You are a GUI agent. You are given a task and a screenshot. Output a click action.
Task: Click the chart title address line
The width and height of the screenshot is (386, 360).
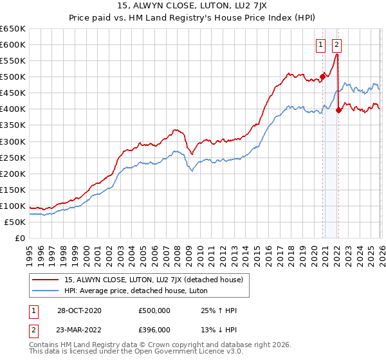point(193,6)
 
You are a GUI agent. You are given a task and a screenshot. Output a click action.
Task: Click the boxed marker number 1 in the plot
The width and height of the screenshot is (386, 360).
point(320,44)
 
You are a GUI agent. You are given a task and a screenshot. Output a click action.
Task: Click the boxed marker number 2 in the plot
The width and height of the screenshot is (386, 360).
point(337,44)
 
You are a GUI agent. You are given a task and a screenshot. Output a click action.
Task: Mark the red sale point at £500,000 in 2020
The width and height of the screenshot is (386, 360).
point(322,76)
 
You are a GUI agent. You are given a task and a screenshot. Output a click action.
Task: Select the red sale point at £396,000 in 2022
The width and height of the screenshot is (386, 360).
point(338,110)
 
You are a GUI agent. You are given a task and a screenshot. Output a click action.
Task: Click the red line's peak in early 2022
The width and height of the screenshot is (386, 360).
point(338,55)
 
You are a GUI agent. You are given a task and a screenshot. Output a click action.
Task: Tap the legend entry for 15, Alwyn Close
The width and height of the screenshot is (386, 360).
point(153,280)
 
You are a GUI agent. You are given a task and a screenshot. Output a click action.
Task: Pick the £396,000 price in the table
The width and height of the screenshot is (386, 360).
point(154,329)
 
